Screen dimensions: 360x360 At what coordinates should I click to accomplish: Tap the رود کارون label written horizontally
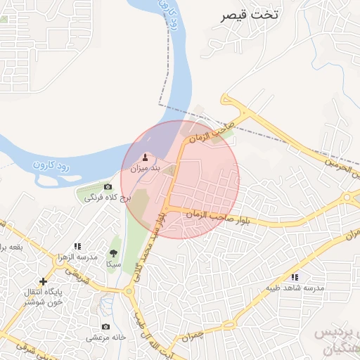click(53, 167)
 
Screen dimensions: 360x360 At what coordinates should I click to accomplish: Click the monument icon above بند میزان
click(146, 157)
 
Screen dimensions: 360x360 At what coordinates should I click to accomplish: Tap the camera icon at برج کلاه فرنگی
click(108, 186)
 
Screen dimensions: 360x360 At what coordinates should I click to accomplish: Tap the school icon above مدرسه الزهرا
click(77, 246)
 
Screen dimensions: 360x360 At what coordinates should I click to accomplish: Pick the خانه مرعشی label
click(105, 337)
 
